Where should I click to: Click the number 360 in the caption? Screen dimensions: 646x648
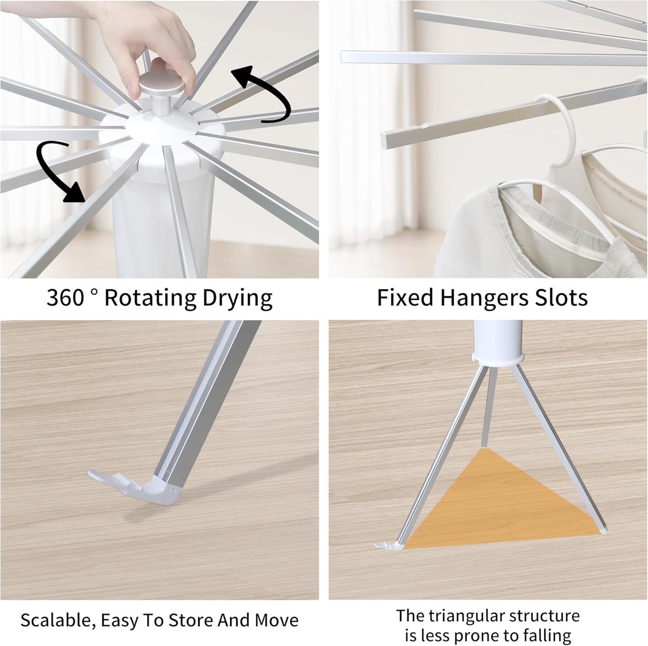(x=65, y=298)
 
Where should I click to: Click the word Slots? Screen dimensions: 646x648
(x=561, y=298)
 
